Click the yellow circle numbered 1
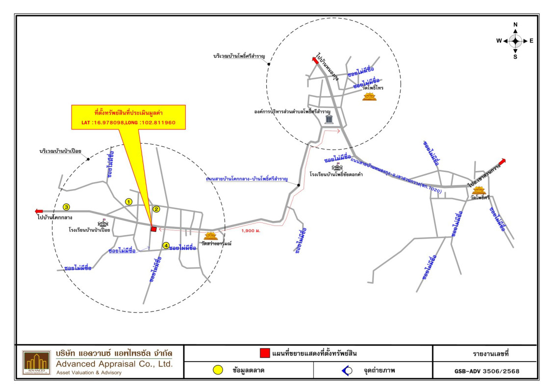point(129,201)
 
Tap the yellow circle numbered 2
point(156,209)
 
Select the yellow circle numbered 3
point(66,207)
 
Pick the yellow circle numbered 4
point(166,245)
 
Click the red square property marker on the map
point(153,229)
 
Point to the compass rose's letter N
point(515,24)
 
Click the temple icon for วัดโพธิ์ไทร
point(369,97)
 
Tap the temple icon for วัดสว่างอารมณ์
point(210,236)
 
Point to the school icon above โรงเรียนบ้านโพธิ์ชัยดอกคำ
point(338,168)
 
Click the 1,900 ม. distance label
point(251,230)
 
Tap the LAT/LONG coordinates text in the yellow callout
point(128,122)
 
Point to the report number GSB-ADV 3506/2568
point(486,371)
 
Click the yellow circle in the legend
point(217,370)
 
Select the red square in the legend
point(265,353)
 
